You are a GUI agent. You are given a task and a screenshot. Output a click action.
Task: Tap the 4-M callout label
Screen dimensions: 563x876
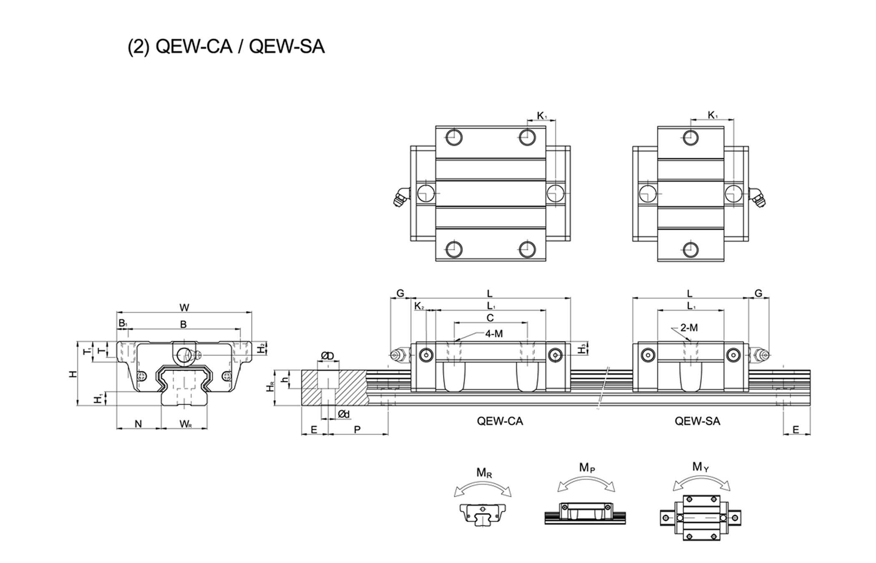pyautogui.click(x=494, y=333)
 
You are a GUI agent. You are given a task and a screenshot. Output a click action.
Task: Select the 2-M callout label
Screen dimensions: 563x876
pyautogui.click(x=689, y=328)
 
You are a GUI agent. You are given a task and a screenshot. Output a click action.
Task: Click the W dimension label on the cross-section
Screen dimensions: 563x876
pyautogui.click(x=184, y=308)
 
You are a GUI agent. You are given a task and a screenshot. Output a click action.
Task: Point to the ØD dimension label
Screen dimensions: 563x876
pyautogui.click(x=327, y=356)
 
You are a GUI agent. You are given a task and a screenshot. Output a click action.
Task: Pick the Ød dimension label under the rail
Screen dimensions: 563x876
pyautogui.click(x=344, y=414)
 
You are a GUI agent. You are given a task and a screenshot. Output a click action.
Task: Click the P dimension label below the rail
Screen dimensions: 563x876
pyautogui.click(x=357, y=430)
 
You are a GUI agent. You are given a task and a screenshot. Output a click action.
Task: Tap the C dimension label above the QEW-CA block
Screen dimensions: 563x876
pyautogui.click(x=490, y=318)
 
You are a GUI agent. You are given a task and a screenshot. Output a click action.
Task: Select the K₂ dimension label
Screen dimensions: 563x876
pyautogui.click(x=419, y=306)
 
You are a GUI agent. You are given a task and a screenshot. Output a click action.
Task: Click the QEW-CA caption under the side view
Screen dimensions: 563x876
pyautogui.click(x=500, y=421)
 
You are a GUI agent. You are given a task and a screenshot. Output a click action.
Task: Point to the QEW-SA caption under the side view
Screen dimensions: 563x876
pyautogui.click(x=697, y=421)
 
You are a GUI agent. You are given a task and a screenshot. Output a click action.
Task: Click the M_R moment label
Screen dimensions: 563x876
pyautogui.click(x=484, y=473)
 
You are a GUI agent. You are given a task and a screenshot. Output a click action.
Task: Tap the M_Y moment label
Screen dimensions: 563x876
pyautogui.click(x=700, y=467)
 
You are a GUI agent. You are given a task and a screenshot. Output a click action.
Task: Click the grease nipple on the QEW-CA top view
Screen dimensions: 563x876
pyautogui.click(x=400, y=197)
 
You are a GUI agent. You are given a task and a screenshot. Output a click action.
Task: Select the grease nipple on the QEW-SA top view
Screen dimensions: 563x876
pyautogui.click(x=759, y=197)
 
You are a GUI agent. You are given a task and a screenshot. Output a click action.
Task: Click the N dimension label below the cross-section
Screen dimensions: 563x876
pyautogui.click(x=138, y=424)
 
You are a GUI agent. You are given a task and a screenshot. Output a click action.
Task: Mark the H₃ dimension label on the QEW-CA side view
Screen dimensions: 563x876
pyautogui.click(x=582, y=349)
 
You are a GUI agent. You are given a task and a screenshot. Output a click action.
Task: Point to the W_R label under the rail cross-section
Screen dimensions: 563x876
pyautogui.click(x=186, y=425)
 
